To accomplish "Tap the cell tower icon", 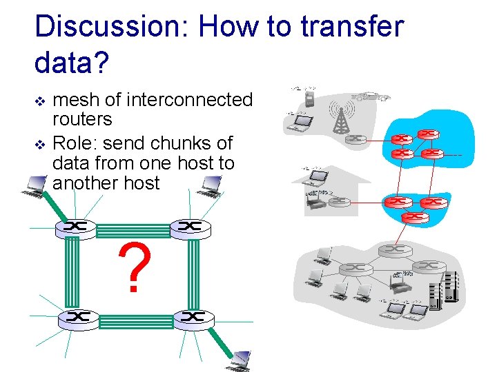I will tap(339, 117).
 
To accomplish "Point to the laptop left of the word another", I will tap(33, 184).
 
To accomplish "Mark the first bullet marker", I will tap(39, 101).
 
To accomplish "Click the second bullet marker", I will tap(39, 144).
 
